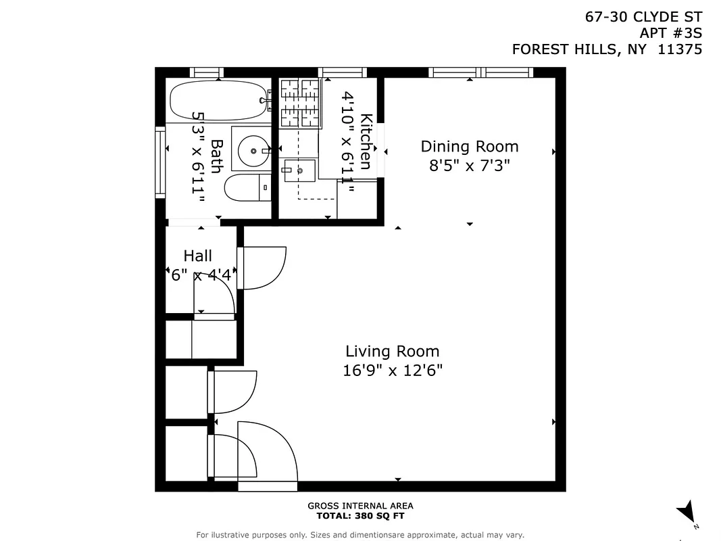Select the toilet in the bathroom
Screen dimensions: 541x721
(x=246, y=187)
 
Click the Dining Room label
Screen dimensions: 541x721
(x=470, y=146)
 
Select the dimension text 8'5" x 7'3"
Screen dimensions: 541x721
(x=470, y=165)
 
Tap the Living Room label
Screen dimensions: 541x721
(x=392, y=351)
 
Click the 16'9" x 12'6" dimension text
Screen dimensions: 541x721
(x=392, y=371)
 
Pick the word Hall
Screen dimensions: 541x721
(x=197, y=256)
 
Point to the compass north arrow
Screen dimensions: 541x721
(x=687, y=511)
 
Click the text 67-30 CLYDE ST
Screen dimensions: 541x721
(x=643, y=17)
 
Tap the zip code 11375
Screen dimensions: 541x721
(x=680, y=49)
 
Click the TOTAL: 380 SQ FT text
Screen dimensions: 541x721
(x=360, y=516)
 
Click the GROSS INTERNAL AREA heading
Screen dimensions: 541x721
(x=360, y=506)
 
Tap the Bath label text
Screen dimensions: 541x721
(x=216, y=156)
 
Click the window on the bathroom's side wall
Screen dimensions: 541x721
(x=160, y=162)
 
